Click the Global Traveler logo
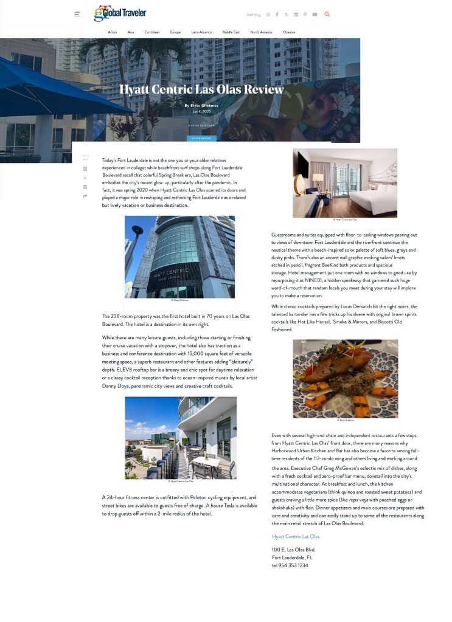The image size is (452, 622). pos(120,13)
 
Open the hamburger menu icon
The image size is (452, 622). pos(77,14)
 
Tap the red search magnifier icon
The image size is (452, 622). pos(327,14)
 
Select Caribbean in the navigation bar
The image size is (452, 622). pos(152,32)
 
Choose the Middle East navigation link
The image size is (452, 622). pos(231,32)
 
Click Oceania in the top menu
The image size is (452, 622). pos(289,32)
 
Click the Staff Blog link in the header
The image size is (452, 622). pos(253,15)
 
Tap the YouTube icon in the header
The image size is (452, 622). pos(315,15)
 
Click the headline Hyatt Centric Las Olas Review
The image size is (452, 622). pos(201,89)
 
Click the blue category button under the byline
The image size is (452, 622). pos(201,138)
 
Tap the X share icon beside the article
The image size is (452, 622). pos(85,178)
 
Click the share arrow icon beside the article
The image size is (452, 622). pos(85,196)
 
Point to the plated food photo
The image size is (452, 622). pos(345,378)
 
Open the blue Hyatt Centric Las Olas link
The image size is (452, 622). pos(295,536)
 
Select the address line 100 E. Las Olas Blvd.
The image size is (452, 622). pos(293,550)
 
